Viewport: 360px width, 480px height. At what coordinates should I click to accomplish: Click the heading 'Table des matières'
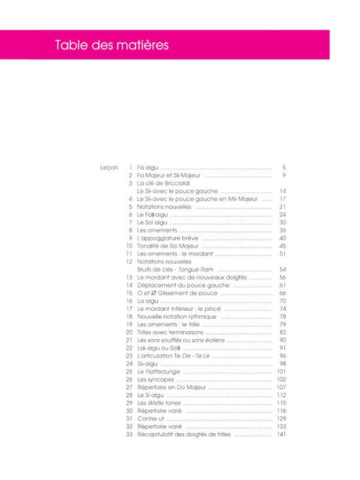pyautogui.click(x=111, y=45)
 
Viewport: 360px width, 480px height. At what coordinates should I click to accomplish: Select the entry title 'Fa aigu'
pyautogui.click(x=146, y=168)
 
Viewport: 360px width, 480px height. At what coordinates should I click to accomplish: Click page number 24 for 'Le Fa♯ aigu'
pyautogui.click(x=283, y=214)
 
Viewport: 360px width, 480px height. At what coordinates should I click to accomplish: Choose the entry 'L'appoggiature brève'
pyautogui.click(x=168, y=237)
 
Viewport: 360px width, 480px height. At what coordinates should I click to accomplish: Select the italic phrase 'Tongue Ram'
pyautogui.click(x=196, y=269)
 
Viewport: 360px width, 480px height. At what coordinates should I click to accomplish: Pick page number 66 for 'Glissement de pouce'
pyautogui.click(x=283, y=293)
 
